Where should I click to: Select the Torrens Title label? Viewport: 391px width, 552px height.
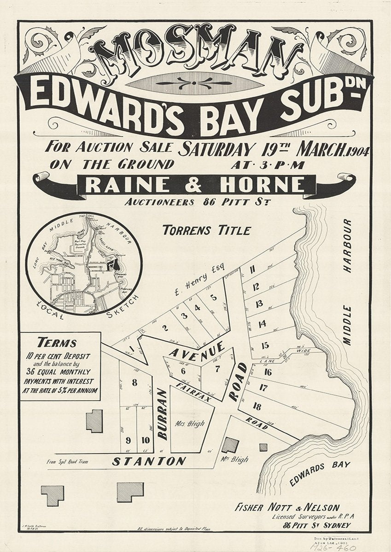[206, 230]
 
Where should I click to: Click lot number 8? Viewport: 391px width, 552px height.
[134, 382]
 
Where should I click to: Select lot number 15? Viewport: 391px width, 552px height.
[265, 345]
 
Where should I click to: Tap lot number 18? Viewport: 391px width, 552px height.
[257, 406]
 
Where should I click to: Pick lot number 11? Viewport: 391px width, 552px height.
[252, 270]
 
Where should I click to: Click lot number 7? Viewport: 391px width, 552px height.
[217, 368]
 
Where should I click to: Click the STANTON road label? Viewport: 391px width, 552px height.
[149, 461]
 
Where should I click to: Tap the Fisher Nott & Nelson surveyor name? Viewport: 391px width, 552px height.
[287, 508]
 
